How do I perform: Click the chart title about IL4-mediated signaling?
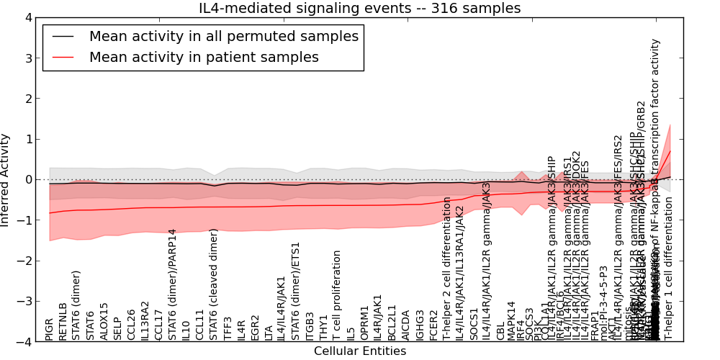[359, 9]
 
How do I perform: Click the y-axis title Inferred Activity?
[6, 179]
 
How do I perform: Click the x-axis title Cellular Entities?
[359, 351]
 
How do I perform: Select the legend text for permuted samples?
[223, 36]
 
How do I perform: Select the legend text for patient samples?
[204, 57]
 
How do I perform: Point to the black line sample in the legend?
[63, 36]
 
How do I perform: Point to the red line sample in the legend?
[63, 57]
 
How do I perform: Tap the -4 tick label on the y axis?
[24, 342]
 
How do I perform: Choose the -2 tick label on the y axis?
[24, 261]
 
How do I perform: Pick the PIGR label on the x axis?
[50, 328]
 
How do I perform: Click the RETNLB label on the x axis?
[63, 321]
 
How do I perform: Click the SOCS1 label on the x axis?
[474, 324]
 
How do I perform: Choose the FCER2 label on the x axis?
[433, 325]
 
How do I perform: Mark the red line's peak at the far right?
[670, 150]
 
